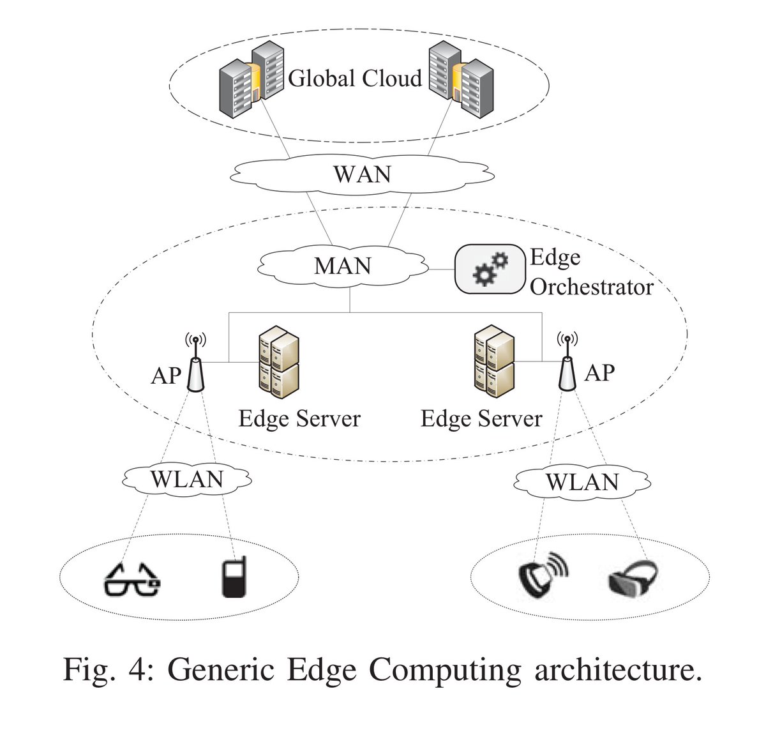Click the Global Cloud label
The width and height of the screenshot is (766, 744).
(355, 79)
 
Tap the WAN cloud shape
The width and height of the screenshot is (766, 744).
(362, 174)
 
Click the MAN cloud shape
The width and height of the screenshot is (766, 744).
(343, 266)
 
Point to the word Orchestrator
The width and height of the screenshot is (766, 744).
(591, 287)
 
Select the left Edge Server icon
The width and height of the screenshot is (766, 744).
(279, 362)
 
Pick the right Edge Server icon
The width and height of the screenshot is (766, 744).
(495, 361)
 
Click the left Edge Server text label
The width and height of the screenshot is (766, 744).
(299, 419)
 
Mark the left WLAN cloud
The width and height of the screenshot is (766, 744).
(187, 479)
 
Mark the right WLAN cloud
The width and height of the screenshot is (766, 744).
(582, 482)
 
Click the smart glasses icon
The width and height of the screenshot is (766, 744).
(131, 579)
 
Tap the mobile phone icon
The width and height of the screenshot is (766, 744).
(234, 577)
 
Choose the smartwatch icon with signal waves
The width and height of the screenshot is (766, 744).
(542, 576)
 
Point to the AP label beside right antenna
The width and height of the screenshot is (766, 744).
(599, 372)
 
